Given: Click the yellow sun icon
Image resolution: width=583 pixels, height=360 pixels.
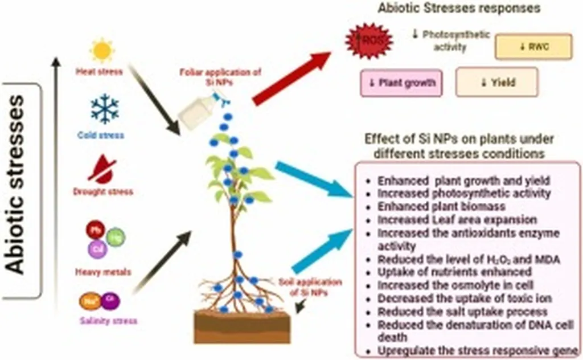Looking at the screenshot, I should point(102,51).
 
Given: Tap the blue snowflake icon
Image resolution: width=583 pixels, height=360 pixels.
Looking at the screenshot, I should point(105,109).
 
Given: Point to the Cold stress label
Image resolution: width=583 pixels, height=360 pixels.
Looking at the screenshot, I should point(101,136).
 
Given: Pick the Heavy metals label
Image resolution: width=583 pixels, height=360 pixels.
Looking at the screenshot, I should point(102,272).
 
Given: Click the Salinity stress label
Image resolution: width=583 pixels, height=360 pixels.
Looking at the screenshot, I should point(108,321).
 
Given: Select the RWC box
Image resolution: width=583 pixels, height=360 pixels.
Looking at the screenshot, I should point(533,47).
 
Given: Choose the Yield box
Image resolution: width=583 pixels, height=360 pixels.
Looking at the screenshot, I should point(496,83).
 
